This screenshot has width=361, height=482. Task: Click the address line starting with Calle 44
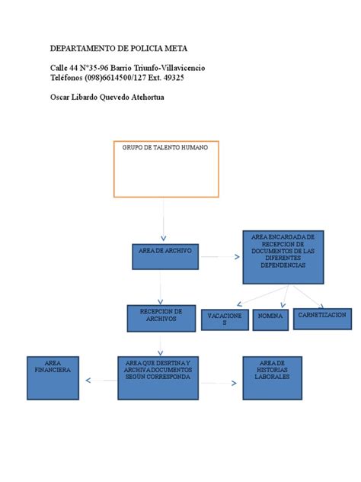coord(127,68)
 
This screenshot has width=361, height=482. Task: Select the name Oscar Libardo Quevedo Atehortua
coord(118,97)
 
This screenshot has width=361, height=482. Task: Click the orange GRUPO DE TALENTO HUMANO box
coord(166,169)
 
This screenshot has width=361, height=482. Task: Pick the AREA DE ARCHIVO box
coord(165,257)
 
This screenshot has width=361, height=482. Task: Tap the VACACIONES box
coord(225,320)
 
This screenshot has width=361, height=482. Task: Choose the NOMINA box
coord(270,320)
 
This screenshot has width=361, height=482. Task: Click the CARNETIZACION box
coord(323,319)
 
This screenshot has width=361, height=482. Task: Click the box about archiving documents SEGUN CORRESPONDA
coord(158,378)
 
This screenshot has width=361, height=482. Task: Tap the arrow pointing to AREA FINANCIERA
coord(100,379)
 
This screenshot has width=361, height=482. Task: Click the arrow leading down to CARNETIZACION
coord(309,297)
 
